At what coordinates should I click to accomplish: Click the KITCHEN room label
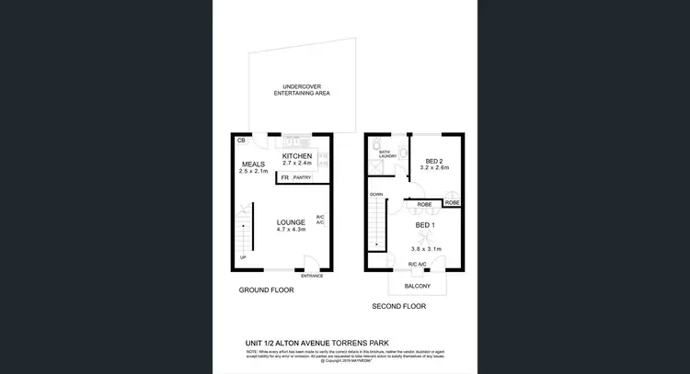[297, 156]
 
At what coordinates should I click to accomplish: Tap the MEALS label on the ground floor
[253, 164]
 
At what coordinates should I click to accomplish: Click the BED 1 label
[425, 225]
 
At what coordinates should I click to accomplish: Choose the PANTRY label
[302, 177]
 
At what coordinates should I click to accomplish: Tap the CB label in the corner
[241, 141]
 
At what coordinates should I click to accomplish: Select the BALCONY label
[418, 286]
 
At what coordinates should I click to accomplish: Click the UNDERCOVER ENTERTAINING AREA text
[301, 90]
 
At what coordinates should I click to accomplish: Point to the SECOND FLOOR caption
[399, 306]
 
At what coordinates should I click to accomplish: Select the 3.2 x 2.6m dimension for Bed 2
[433, 168]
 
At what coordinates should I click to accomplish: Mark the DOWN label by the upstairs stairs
[376, 195]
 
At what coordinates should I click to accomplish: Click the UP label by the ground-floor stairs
[243, 257]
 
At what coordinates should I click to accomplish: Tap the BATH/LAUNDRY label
[387, 153]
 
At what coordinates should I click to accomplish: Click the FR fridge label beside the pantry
[284, 177]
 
